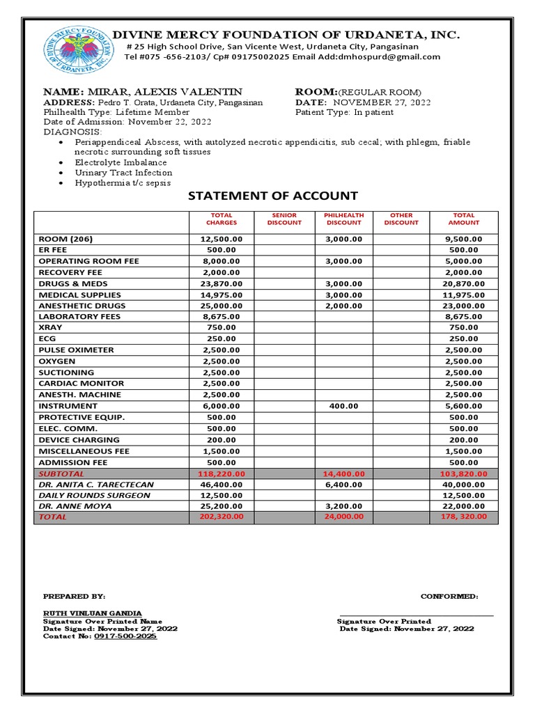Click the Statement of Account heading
click(273, 196)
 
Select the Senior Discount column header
click(284, 219)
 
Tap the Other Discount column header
click(401, 219)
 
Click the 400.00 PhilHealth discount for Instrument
click(343, 406)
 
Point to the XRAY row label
click(51, 328)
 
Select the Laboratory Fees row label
click(79, 317)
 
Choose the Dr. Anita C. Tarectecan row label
click(96, 485)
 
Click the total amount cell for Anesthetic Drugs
click(463, 306)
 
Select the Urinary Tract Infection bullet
click(123, 173)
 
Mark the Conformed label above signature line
click(449, 597)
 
